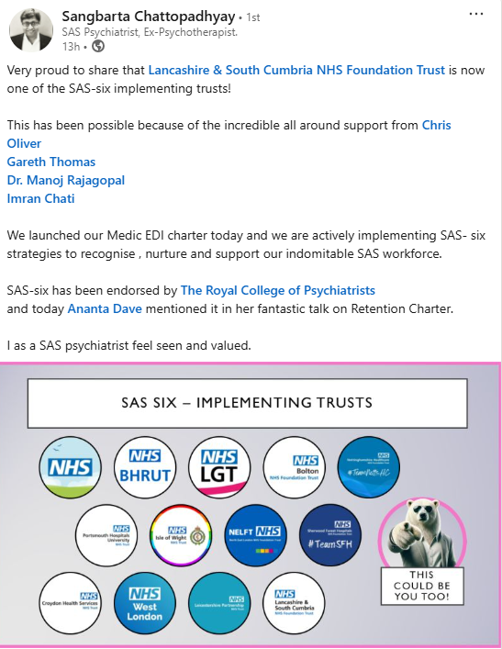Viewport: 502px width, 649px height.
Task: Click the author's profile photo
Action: click(30, 29)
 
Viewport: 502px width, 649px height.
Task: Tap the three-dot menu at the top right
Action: click(476, 16)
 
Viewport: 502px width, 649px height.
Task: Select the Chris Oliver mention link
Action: click(436, 125)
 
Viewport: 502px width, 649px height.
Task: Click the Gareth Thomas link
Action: click(51, 162)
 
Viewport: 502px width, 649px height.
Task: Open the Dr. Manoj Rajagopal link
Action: click(65, 180)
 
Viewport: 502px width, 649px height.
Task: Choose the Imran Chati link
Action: click(41, 198)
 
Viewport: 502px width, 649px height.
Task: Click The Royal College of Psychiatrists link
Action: click(278, 290)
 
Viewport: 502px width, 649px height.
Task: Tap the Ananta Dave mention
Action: click(105, 308)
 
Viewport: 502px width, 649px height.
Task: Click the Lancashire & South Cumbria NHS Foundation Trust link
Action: click(296, 70)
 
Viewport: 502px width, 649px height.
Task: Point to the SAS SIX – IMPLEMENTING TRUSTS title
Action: click(247, 402)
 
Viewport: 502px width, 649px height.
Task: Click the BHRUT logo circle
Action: click(144, 466)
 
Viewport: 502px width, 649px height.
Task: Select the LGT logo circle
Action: click(218, 466)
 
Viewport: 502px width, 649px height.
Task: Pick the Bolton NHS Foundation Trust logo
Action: click(294, 466)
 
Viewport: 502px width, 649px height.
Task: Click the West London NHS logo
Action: click(144, 603)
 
